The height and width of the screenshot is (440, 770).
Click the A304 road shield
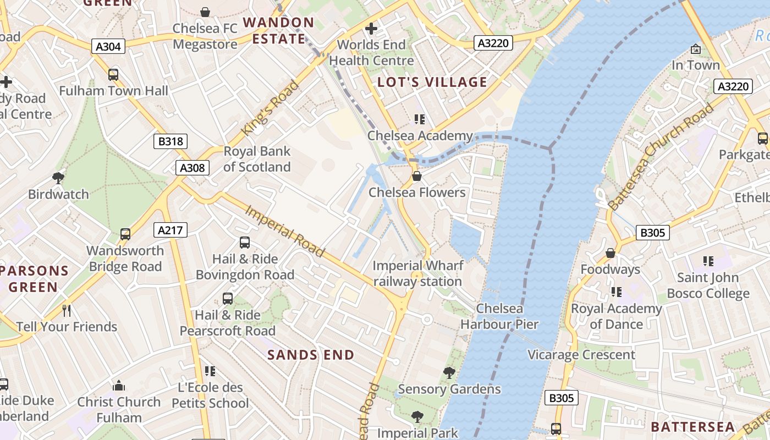pyautogui.click(x=108, y=46)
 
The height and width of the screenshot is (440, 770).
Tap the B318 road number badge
pyautogui.click(x=170, y=141)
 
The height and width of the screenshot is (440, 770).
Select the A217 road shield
pyautogui.click(x=170, y=230)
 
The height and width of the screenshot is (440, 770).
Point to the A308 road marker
pyautogui.click(x=193, y=168)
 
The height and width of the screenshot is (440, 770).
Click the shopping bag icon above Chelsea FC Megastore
pyautogui.click(x=205, y=12)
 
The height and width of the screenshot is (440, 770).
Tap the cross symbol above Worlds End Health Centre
pyautogui.click(x=371, y=28)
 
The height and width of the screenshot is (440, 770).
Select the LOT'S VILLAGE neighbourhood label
pyautogui.click(x=432, y=82)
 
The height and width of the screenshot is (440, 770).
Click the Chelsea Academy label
pyautogui.click(x=420, y=135)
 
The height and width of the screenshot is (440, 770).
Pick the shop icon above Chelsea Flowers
pyautogui.click(x=417, y=176)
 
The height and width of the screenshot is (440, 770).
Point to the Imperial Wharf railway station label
pyautogui.click(x=417, y=273)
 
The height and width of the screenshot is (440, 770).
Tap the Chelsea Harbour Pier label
pyautogui.click(x=499, y=316)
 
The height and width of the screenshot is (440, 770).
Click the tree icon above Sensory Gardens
pyautogui.click(x=449, y=373)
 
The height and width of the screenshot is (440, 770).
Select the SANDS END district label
pyautogui.click(x=311, y=355)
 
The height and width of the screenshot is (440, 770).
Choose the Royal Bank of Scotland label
pyautogui.click(x=257, y=159)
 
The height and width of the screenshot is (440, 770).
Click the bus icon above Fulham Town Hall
pyautogui.click(x=113, y=74)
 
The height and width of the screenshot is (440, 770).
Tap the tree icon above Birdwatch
pyautogui.click(x=58, y=178)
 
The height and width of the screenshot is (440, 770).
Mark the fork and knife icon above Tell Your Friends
pyautogui.click(x=67, y=311)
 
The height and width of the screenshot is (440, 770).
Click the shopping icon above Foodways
pyautogui.click(x=610, y=253)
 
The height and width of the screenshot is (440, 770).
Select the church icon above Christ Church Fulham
pyautogui.click(x=119, y=386)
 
